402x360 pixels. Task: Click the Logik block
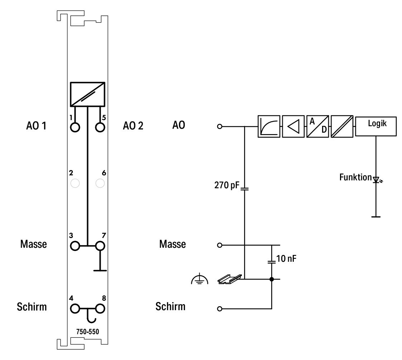pyautogui.click(x=376, y=126)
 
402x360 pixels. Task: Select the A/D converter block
pyautogui.click(x=318, y=126)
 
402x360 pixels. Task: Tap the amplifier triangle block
pyautogui.click(x=293, y=126)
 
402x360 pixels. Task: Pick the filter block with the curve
pyautogui.click(x=269, y=126)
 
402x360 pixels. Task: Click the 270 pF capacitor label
pyautogui.click(x=227, y=185)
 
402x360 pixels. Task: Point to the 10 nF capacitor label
pyautogui.click(x=286, y=259)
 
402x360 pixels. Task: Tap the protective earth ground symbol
pyautogui.click(x=200, y=279)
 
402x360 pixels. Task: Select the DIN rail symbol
pyautogui.click(x=230, y=279)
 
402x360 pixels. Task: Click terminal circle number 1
pyautogui.click(x=75, y=127)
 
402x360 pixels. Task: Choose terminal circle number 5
pyautogui.click(x=100, y=127)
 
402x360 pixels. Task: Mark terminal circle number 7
pyautogui.click(x=100, y=246)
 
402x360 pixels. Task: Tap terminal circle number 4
pyautogui.click(x=75, y=309)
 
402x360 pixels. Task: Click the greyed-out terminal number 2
pyautogui.click(x=75, y=183)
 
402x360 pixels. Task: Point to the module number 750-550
pyautogui.click(x=87, y=332)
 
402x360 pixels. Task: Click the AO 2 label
pyautogui.click(x=133, y=126)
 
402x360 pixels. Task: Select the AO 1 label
pyautogui.click(x=36, y=126)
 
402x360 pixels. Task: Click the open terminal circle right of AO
pyautogui.click(x=220, y=126)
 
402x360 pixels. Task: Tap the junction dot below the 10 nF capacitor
pyautogui.click(x=272, y=279)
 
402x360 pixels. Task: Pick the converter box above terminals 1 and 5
pyautogui.click(x=88, y=94)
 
